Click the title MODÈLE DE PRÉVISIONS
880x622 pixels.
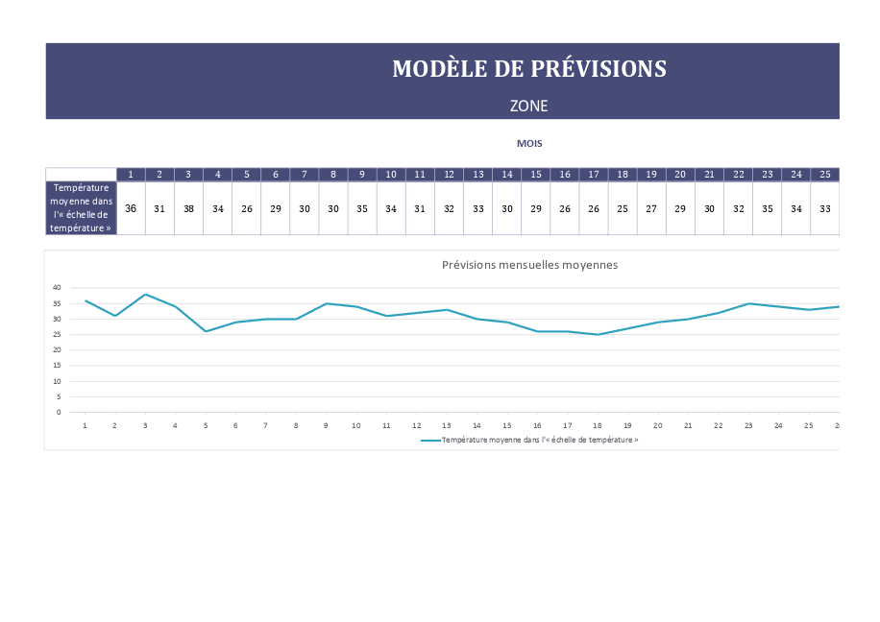[x=528, y=69]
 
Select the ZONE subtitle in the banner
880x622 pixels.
[x=528, y=106]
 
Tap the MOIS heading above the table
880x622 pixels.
[x=529, y=143]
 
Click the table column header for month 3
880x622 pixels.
[x=188, y=175]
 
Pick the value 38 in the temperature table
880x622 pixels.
[x=188, y=208]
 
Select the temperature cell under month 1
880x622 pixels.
[x=131, y=208]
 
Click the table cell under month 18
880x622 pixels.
[x=623, y=208]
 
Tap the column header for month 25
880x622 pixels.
[x=825, y=175]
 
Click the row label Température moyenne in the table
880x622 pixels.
[x=82, y=207]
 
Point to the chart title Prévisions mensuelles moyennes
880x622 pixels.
[x=529, y=265]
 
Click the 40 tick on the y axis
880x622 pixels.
[x=57, y=287]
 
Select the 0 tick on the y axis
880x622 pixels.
[x=59, y=412]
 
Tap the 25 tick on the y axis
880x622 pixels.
[x=57, y=334]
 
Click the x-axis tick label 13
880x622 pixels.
[x=446, y=425]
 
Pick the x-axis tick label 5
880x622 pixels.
[x=206, y=425]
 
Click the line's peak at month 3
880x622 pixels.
[x=145, y=294]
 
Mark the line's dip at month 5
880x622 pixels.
[x=206, y=331]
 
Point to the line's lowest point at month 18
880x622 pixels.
[x=598, y=334]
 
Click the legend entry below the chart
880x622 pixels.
[x=529, y=440]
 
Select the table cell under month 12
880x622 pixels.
[x=449, y=208]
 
